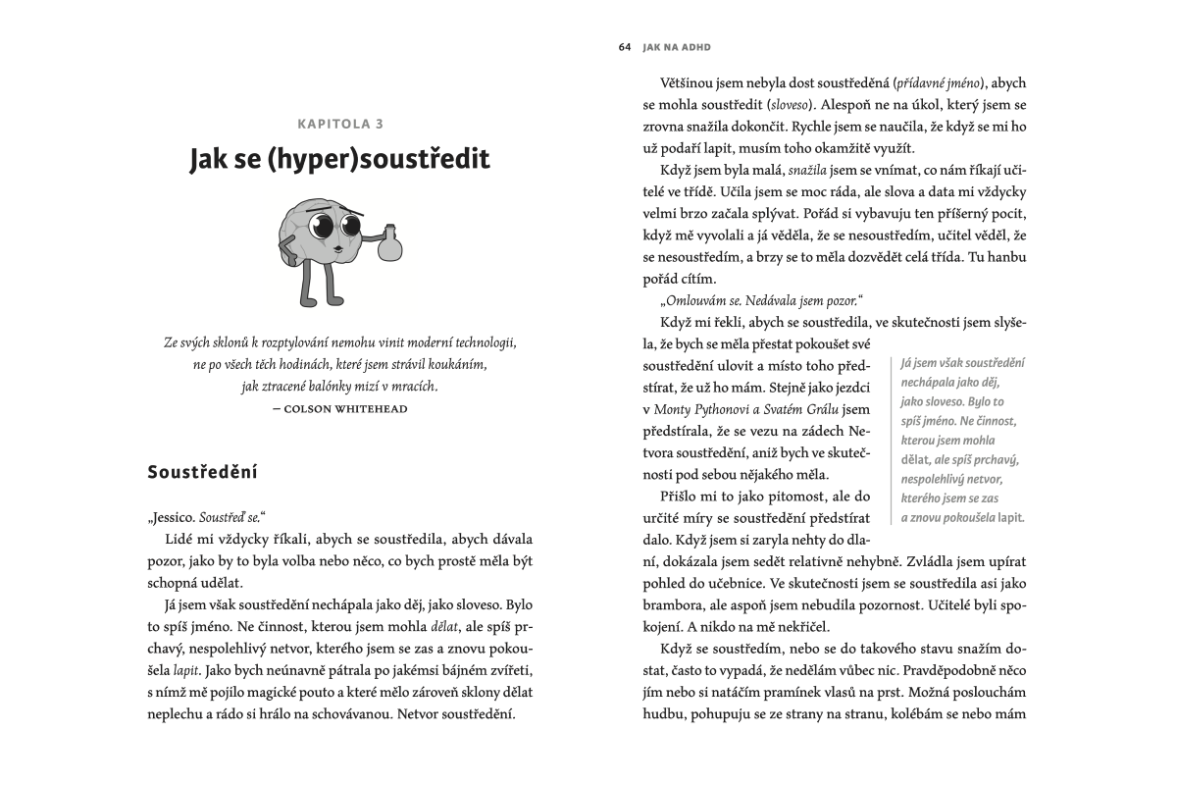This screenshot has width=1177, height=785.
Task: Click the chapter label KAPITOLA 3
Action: click(339, 124)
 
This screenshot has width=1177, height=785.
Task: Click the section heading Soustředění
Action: click(201, 472)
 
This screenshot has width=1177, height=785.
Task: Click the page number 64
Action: click(625, 46)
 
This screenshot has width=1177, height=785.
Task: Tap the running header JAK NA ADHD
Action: click(677, 46)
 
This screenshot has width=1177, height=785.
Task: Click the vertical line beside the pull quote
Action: click(891, 440)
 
